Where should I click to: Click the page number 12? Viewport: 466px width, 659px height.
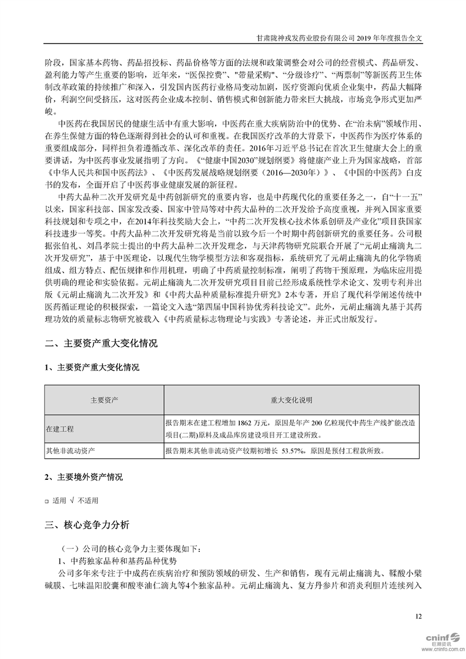point(418,616)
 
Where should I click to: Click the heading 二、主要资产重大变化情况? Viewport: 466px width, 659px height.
point(101,344)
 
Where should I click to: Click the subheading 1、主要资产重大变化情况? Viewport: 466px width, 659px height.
point(92,368)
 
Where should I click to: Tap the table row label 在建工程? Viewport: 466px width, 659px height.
point(60,429)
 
